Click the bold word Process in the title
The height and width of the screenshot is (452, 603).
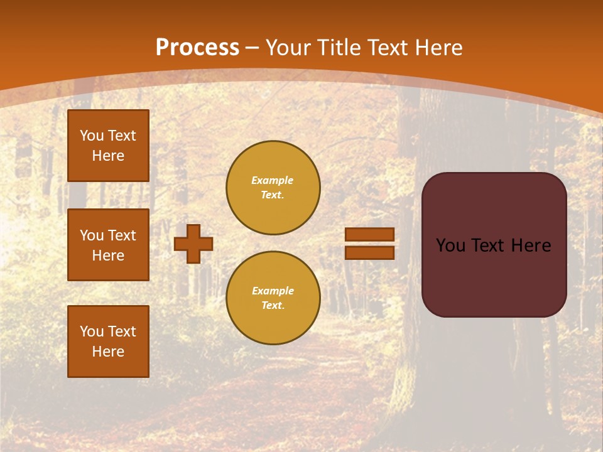tap(197, 48)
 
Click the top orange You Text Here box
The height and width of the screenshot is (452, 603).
tap(108, 146)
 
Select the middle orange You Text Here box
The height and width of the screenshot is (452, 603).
tap(108, 245)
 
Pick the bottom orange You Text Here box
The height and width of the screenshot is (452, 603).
tap(108, 342)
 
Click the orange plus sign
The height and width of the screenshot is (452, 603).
tap(193, 244)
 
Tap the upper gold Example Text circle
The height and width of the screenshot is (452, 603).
tap(273, 188)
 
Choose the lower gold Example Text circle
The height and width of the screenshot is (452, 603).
tap(273, 298)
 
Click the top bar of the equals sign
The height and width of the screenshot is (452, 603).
tap(369, 235)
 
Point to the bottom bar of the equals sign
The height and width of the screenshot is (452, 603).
tap(369, 252)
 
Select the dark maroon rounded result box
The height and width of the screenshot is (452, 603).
tap(494, 276)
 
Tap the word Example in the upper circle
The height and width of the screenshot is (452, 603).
tap(273, 180)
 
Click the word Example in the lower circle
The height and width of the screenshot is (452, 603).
tap(273, 291)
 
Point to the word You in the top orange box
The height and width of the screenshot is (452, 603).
tap(92, 136)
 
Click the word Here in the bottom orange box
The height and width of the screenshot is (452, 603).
tap(108, 352)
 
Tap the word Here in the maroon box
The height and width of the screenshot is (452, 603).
tap(531, 245)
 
